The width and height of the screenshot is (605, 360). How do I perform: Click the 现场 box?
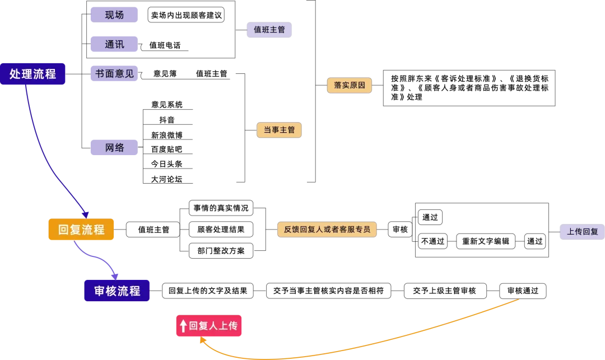114,15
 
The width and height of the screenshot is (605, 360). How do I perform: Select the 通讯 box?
114,44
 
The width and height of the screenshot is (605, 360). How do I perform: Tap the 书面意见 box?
114,73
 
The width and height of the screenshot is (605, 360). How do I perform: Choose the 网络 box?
114,148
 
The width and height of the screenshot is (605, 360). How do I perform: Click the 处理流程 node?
33,74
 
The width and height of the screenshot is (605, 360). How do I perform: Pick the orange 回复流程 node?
81,230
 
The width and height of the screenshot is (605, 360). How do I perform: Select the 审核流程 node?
117,291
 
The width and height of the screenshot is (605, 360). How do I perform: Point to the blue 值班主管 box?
269,30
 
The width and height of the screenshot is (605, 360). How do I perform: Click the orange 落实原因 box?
350,85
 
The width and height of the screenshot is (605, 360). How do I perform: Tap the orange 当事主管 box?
280,130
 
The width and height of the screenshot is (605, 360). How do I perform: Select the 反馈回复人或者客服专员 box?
327,230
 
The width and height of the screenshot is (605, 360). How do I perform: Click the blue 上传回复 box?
582,232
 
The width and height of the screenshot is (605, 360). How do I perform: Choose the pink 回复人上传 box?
208,326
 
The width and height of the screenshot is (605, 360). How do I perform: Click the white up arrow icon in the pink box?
183,326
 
